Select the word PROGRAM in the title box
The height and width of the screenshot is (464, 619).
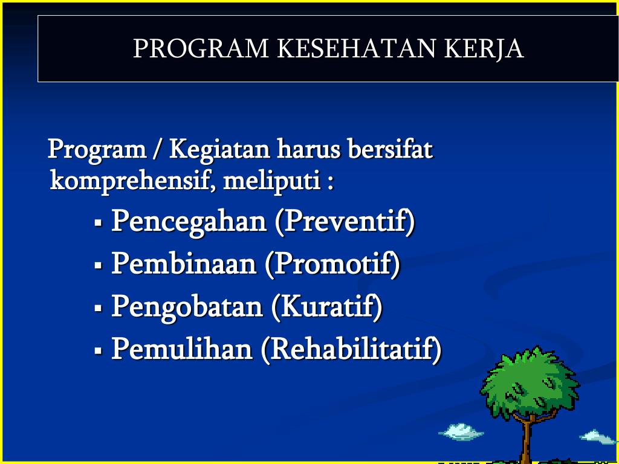(x=201, y=49)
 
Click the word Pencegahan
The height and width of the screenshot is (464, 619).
(x=189, y=222)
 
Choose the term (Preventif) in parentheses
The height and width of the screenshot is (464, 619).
(x=345, y=222)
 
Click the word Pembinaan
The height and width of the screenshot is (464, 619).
(x=184, y=264)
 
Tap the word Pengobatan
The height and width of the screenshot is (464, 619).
(x=187, y=307)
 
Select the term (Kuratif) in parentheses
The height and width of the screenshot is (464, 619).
(x=327, y=307)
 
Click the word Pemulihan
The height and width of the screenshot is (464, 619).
(x=181, y=349)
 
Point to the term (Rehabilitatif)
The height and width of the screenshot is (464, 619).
(x=351, y=349)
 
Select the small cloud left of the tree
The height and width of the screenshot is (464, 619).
(x=461, y=431)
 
